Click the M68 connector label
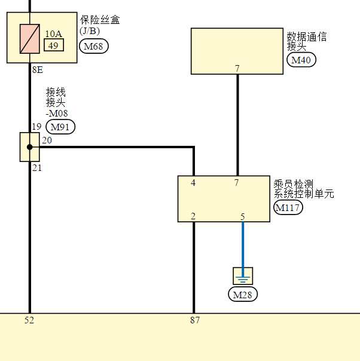tap(94, 46)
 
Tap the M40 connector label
tap(302, 60)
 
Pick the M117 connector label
tap(288, 207)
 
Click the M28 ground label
tap(243, 295)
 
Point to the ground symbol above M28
tap(243, 276)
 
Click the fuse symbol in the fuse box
tap(30, 39)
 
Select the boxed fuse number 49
tap(53, 45)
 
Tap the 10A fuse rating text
tap(53, 34)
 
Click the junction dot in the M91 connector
tap(30, 147)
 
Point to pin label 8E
tap(37, 70)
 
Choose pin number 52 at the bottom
tap(29, 320)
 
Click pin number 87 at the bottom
tap(195, 320)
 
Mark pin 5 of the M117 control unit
tap(243, 216)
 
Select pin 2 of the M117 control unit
tap(193, 216)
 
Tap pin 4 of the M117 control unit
tap(193, 183)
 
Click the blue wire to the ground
tap(242, 245)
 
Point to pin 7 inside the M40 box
tap(237, 69)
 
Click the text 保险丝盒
tap(100, 20)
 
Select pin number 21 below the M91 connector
tap(37, 168)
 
